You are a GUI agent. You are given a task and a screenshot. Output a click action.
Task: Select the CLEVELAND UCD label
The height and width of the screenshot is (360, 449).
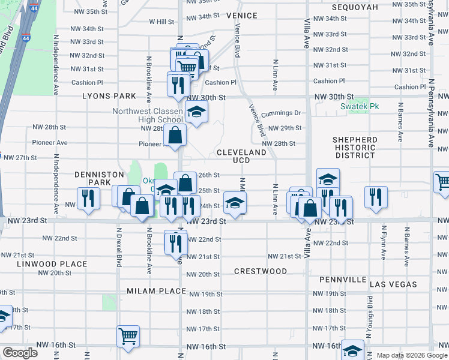(x=241, y=157)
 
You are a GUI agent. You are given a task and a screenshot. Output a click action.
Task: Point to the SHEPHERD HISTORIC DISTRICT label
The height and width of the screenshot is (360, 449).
(x=355, y=148)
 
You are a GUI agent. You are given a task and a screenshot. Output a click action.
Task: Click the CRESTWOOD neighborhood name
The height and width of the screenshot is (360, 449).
(x=261, y=271)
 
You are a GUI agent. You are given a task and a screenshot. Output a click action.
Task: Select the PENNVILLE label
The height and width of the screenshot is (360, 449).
(x=343, y=280)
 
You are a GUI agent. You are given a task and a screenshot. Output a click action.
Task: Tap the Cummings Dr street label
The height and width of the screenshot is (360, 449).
(x=280, y=113)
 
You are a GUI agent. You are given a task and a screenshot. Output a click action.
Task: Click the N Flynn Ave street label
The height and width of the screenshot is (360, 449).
(x=383, y=243)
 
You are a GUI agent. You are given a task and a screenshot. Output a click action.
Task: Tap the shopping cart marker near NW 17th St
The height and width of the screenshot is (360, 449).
(x=129, y=336)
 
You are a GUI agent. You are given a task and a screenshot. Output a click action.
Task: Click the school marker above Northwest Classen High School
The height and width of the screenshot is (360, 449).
(x=196, y=111)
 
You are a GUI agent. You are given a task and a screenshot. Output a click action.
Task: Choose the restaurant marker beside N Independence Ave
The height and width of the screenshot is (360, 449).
(x=88, y=197)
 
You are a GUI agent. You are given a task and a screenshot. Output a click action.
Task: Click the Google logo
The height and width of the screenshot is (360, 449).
(x=20, y=353)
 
